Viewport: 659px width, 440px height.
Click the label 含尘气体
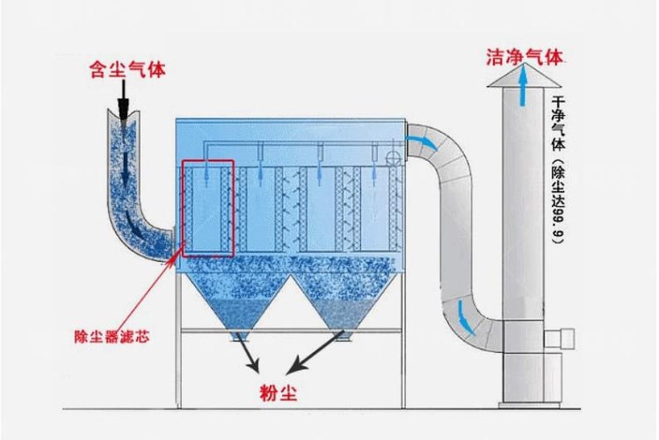tap(127, 67)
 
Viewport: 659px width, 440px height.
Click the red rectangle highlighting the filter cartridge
tap(208, 208)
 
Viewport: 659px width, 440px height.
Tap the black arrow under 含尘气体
tap(125, 99)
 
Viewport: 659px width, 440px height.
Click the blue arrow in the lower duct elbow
tap(460, 314)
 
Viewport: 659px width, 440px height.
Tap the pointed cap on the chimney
tap(524, 78)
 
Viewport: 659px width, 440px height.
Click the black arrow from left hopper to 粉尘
tap(249, 356)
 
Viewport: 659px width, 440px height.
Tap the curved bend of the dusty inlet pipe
tap(145, 237)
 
